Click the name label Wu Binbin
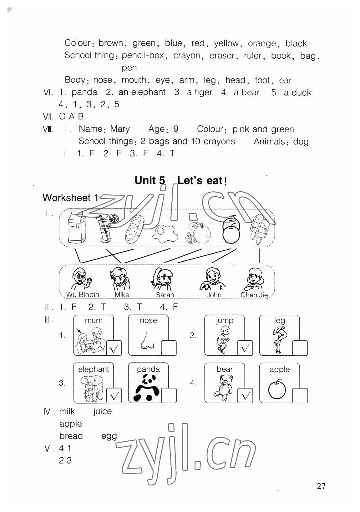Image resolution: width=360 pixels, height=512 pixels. click(x=83, y=294)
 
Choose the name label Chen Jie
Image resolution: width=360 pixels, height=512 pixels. click(x=254, y=295)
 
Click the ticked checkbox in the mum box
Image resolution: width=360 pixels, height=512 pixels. click(x=114, y=348)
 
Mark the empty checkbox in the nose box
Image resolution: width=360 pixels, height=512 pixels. click(x=169, y=348)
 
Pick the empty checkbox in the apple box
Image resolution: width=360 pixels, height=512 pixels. click(x=300, y=395)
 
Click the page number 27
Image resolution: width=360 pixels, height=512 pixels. click(x=321, y=486)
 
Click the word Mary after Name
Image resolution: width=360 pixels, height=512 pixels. click(x=120, y=129)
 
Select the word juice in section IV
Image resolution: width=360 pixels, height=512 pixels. click(x=102, y=411)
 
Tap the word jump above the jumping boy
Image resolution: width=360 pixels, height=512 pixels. click(x=224, y=320)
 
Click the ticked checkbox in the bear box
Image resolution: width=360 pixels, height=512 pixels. click(x=245, y=396)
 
